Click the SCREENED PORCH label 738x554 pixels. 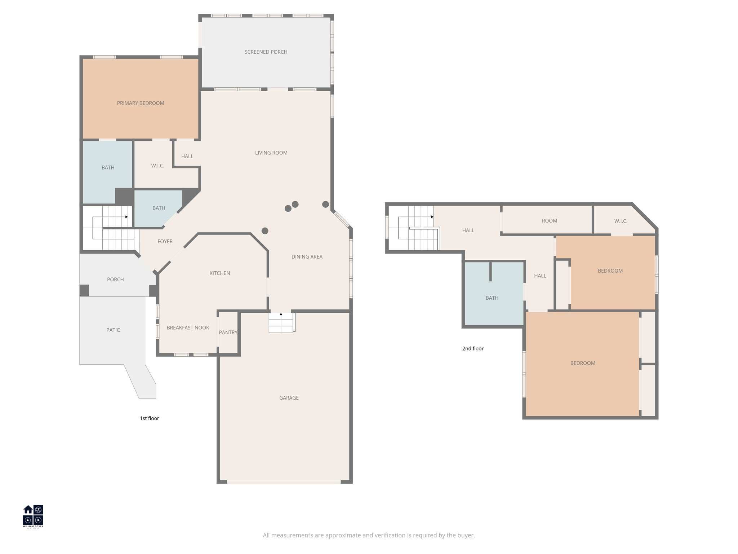point(266,52)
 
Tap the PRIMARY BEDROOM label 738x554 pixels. point(141,103)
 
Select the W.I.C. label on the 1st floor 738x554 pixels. point(157,166)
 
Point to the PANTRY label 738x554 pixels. point(228,333)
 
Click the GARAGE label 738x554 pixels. point(289,398)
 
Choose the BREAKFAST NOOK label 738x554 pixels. point(188,328)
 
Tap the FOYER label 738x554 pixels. point(165,242)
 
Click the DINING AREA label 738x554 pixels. point(307,257)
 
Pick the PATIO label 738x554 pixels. point(113,330)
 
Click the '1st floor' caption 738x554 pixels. point(149,418)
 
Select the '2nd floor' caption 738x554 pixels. point(473,348)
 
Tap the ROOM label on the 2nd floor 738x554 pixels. point(549,221)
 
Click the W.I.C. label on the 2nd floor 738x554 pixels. point(621,221)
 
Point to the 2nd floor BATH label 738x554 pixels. point(492,298)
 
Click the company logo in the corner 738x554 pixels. point(33,516)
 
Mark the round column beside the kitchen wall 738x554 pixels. point(265,231)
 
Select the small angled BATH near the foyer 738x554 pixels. point(159,208)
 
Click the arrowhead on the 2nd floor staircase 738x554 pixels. point(432,217)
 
